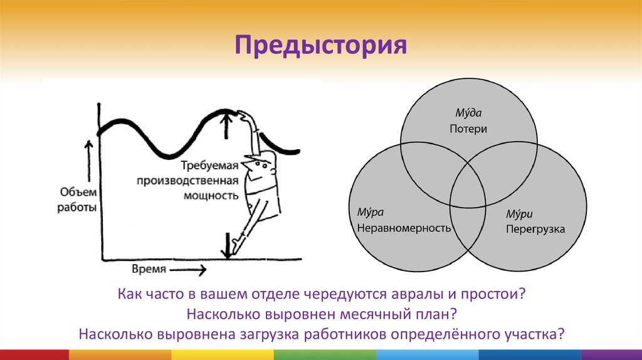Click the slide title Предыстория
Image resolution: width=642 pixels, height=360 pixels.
point(321,46)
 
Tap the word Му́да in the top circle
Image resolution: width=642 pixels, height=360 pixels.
point(468,114)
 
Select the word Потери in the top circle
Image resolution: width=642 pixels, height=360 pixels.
point(468,129)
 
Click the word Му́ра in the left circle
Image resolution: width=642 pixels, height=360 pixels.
point(371,212)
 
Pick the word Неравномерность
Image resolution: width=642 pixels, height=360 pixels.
point(404,228)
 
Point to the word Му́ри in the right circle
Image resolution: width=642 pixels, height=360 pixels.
point(520,214)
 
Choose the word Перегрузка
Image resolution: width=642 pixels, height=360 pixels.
point(535,230)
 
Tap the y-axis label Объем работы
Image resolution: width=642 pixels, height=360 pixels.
point(78,199)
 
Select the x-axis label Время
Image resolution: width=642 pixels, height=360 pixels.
point(149,269)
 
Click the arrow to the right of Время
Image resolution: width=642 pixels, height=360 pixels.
point(188,270)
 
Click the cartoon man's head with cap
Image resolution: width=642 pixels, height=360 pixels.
point(260,166)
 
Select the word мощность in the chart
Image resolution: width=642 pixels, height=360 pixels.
point(211,195)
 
